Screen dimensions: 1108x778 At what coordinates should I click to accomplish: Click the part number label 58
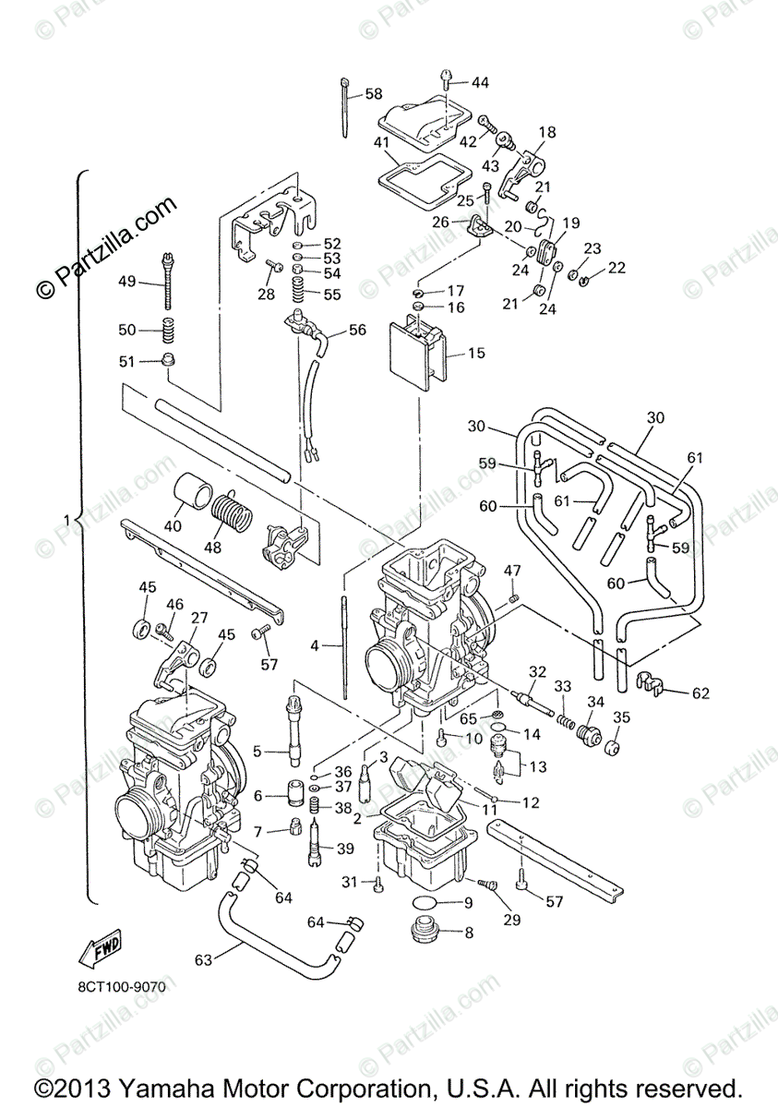point(373,93)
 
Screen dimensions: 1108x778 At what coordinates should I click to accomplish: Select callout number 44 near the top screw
point(480,82)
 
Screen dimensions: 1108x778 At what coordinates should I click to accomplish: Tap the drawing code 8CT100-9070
point(122,987)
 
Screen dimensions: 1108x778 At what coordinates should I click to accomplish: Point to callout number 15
point(476,353)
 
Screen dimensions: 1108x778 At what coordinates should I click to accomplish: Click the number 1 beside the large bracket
point(66,520)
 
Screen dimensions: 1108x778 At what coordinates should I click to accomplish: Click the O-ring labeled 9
point(426,902)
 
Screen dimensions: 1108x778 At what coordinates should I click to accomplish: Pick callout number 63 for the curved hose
point(202,959)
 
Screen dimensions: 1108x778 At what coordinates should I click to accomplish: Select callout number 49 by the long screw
point(127,282)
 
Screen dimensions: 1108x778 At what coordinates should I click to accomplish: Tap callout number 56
point(357,330)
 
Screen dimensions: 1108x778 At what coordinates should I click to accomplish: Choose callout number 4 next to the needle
point(314,646)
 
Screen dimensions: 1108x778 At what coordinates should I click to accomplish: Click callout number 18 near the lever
point(547,132)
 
